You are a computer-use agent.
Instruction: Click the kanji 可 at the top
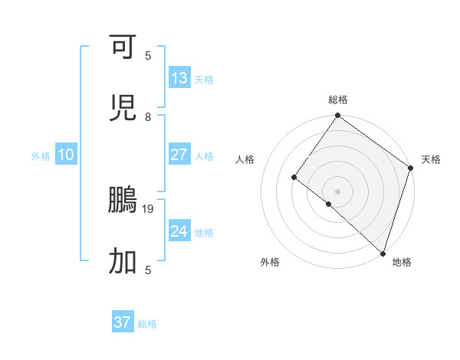coord(123,47)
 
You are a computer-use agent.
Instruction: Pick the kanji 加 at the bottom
coord(123,261)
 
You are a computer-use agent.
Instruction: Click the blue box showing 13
coord(179,77)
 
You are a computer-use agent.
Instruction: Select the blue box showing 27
coord(179,154)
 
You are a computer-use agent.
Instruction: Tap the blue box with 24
coord(179,231)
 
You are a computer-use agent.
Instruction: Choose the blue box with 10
coord(66,154)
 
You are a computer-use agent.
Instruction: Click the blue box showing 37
coord(123,322)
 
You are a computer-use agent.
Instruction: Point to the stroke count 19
coord(150,208)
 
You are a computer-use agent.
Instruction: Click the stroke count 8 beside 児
coord(148,116)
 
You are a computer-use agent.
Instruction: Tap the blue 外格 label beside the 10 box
coord(41,155)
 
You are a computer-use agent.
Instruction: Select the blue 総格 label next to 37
coord(148,324)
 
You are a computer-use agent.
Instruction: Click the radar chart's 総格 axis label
coord(338,100)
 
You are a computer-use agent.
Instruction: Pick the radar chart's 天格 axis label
coord(431,159)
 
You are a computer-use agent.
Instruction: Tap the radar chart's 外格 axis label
coord(270,262)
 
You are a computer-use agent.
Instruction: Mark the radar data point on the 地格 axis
coord(383,253)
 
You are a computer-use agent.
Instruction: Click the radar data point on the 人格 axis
coord(294,178)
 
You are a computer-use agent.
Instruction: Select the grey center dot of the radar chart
coord(337,191)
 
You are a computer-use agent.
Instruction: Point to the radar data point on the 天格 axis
coord(410,169)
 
